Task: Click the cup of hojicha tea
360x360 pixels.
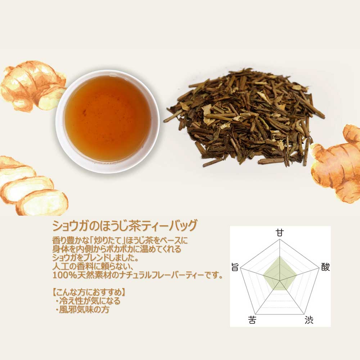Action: (107, 121)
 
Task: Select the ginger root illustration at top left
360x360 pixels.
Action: (33, 86)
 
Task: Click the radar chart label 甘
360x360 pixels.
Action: (280, 233)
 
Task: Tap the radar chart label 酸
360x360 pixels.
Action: (325, 267)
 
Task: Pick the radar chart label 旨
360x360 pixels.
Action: (235, 267)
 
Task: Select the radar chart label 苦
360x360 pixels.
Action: (252, 320)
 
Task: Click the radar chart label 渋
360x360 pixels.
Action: (309, 320)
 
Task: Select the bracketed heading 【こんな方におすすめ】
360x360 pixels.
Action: (89, 292)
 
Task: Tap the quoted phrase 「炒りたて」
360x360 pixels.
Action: (107, 240)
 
